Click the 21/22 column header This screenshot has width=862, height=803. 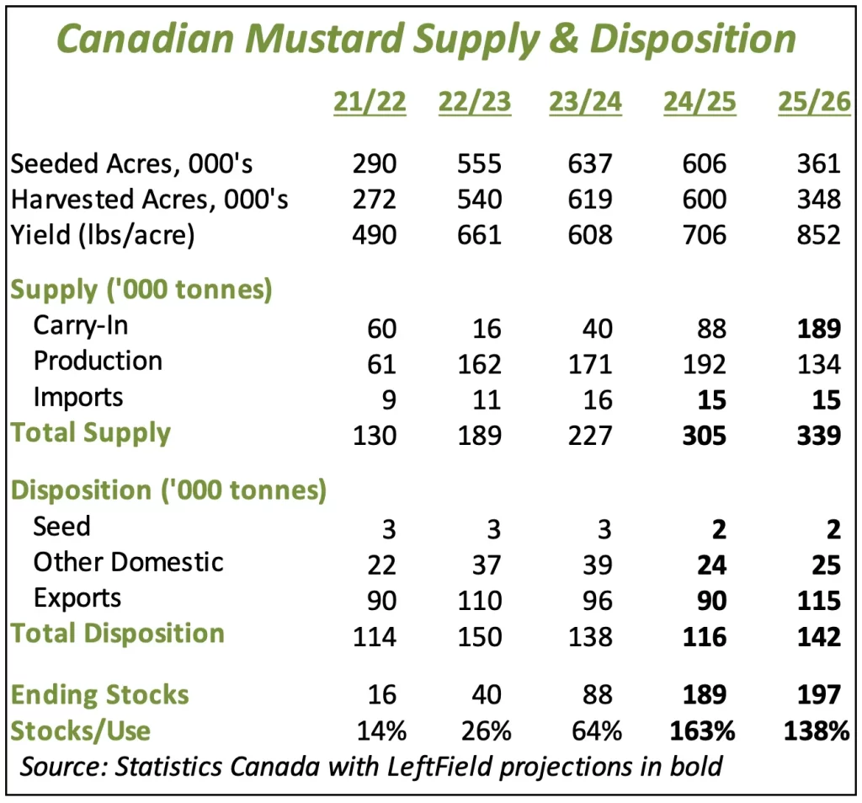point(370,102)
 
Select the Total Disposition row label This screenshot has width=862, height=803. point(118,634)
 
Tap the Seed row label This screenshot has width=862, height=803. point(61,527)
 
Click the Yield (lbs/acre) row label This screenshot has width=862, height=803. point(103,234)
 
